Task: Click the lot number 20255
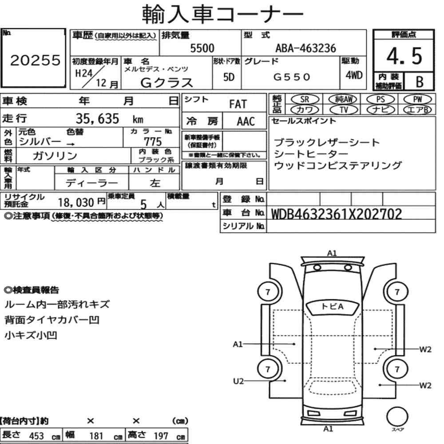click(x=36, y=60)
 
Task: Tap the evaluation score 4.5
click(x=404, y=56)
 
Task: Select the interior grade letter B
click(x=420, y=82)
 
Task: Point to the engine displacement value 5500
click(x=202, y=48)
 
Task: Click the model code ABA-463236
click(x=305, y=48)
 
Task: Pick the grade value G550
click(x=291, y=77)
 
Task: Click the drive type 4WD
click(x=354, y=75)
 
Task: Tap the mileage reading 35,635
click(x=97, y=119)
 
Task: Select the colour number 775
click(x=153, y=142)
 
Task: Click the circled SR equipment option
click(x=305, y=99)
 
